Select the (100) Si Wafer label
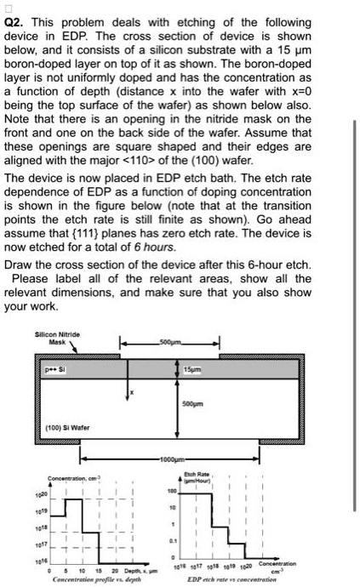pos(65,425)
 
